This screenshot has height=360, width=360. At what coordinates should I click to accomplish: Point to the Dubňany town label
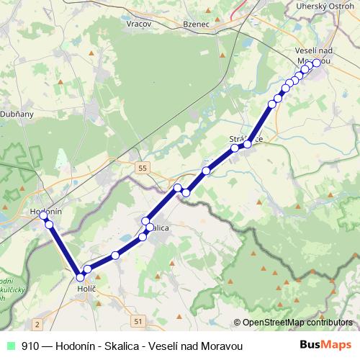tap(13, 113)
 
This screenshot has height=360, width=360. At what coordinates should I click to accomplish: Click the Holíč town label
tap(86, 288)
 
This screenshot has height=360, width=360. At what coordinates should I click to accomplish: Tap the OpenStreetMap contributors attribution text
tap(297, 322)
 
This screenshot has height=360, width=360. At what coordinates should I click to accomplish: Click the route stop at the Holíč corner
tap(80, 276)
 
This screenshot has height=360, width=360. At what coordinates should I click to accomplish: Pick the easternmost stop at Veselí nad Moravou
tap(316, 63)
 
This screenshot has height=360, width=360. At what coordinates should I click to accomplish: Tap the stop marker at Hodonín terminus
tap(43, 215)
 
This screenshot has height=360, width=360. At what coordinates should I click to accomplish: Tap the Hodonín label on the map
tap(45, 212)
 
